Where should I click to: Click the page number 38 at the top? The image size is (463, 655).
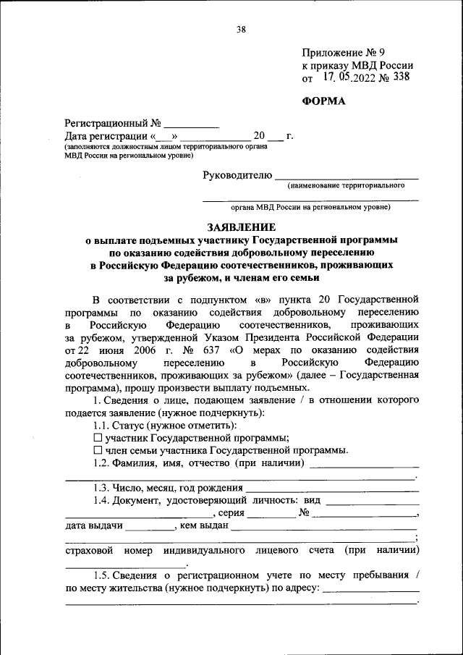(241, 30)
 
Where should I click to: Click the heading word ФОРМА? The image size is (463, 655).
(323, 101)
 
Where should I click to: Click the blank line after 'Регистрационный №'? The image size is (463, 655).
(191, 124)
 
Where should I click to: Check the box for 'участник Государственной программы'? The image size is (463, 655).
(98, 437)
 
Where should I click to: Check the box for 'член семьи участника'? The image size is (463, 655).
(98, 449)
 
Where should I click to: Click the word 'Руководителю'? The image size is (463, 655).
(237, 174)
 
